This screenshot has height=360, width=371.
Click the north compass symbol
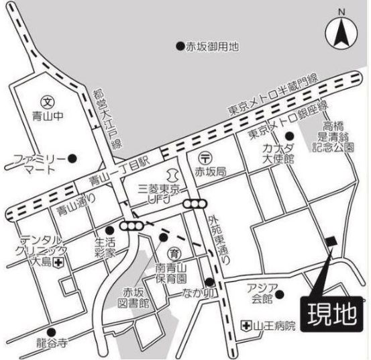(341, 32)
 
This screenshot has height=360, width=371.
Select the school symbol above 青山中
(46, 103)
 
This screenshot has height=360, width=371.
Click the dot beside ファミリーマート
(72, 159)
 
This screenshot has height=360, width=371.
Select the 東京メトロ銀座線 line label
(287, 120)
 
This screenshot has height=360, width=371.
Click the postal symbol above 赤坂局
(207, 158)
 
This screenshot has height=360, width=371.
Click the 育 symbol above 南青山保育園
(173, 253)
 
